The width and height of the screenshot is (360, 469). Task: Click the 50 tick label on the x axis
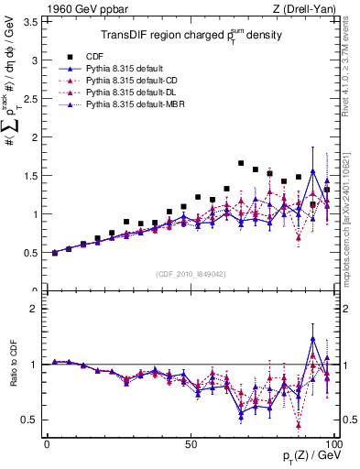pos(190,443)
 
